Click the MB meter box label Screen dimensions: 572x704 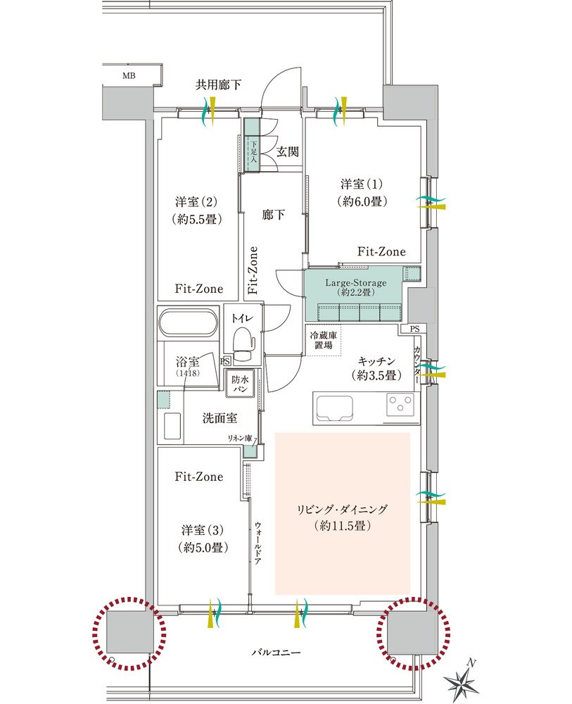(129, 76)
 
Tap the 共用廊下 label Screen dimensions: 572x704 (219, 84)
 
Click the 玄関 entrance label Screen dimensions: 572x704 (287, 152)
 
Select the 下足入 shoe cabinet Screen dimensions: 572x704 (253, 153)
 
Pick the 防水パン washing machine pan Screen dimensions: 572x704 (241, 384)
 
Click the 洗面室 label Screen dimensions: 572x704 (220, 418)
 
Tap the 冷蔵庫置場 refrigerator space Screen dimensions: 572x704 (323, 340)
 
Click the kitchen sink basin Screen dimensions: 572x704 (334, 408)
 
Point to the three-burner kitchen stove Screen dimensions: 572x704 (400, 403)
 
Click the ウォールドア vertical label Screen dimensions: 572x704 (258, 543)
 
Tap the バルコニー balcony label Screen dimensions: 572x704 (276, 653)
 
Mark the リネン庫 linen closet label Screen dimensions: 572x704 (241, 438)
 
